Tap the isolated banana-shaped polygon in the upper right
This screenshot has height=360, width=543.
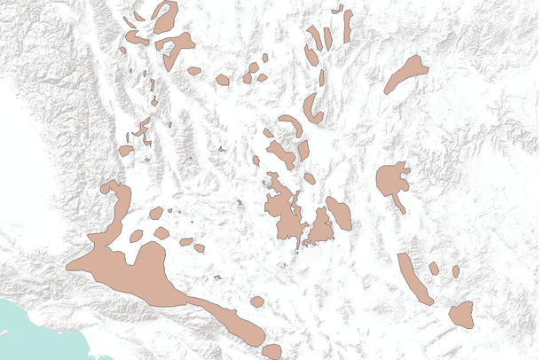(x=405, y=74)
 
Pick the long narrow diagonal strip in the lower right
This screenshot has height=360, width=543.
(x=414, y=278)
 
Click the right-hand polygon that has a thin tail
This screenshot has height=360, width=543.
(x=390, y=180)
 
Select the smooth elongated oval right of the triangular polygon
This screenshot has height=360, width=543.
(x=339, y=213)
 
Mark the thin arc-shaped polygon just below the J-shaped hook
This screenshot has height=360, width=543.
(x=291, y=123)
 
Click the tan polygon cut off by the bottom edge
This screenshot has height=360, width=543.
(x=271, y=352)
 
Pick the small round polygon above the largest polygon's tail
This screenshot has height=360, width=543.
(x=256, y=301)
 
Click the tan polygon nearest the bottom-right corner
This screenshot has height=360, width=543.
(x=460, y=313)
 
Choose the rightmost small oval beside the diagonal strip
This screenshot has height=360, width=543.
(x=455, y=271)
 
